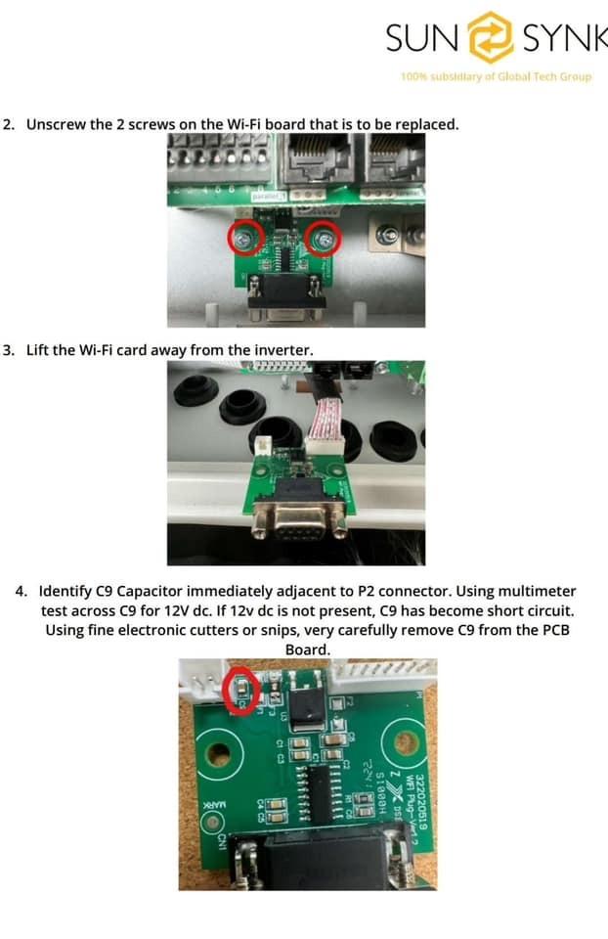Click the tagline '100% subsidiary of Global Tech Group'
[496, 76]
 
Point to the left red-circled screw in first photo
[244, 237]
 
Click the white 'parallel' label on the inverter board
[265, 196]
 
